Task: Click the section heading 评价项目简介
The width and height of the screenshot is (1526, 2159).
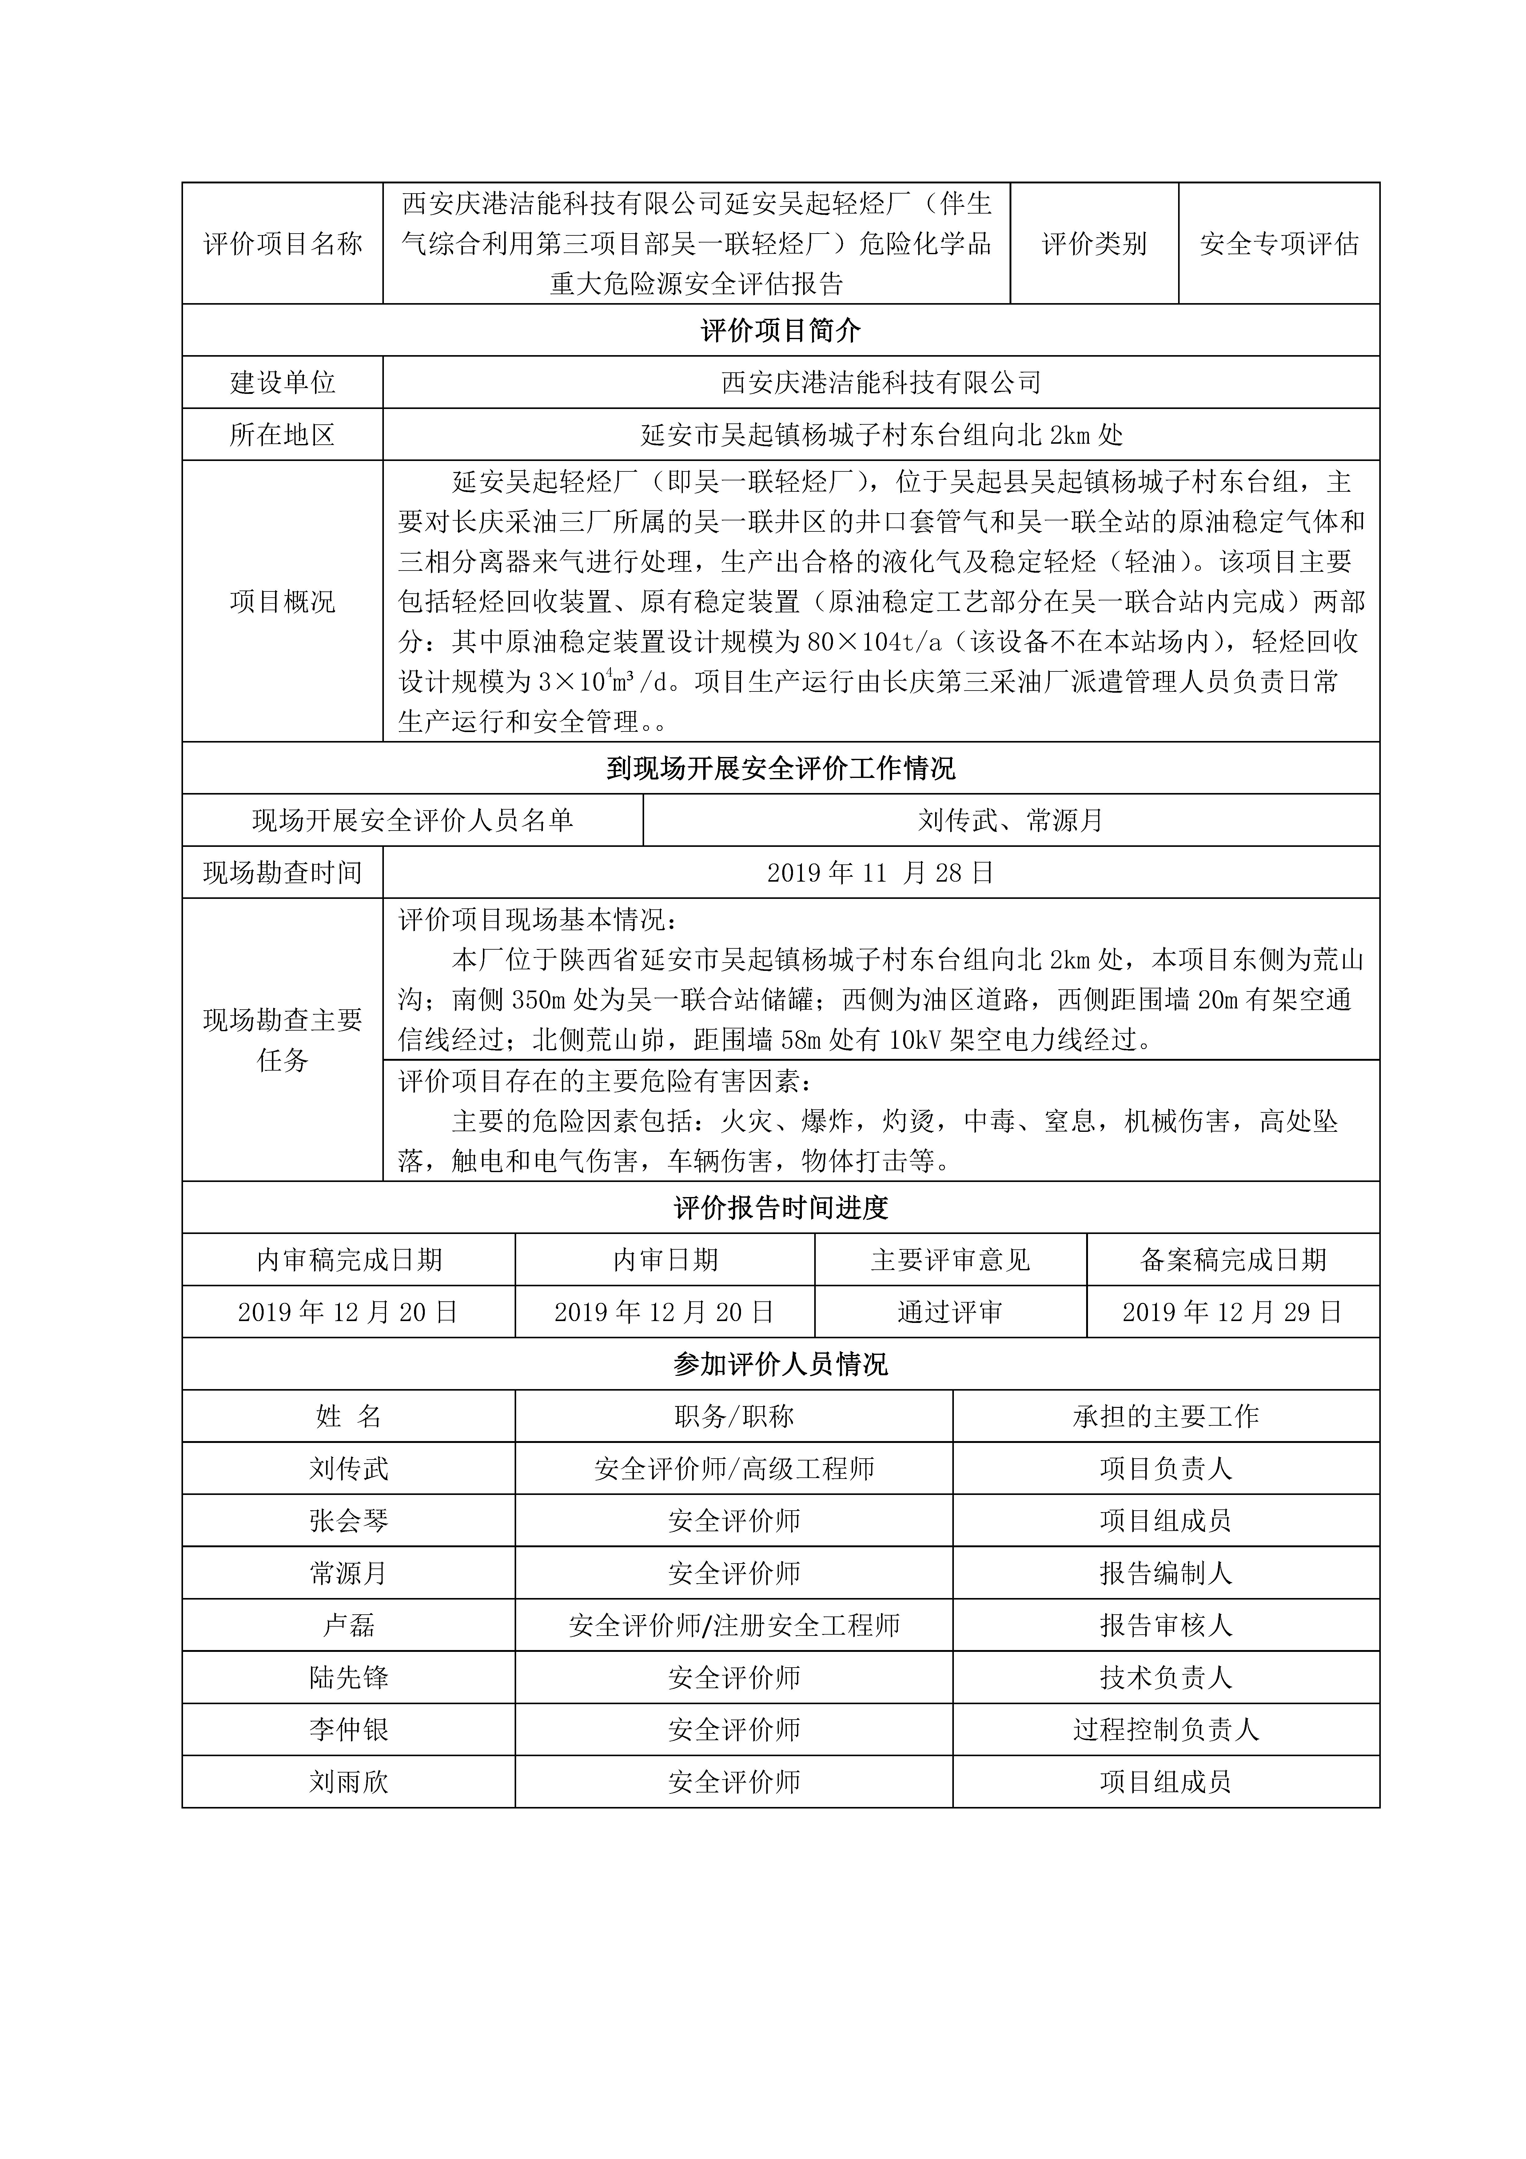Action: [x=780, y=330]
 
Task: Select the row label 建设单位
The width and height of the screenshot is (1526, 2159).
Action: [x=282, y=383]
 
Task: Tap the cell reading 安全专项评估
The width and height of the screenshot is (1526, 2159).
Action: [x=1279, y=243]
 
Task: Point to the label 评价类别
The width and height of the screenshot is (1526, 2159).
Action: [x=1094, y=243]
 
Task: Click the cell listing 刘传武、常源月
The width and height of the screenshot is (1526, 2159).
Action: [x=1011, y=821]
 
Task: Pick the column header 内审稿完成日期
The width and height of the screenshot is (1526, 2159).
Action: [x=349, y=1260]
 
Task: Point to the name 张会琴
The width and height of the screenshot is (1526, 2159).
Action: [x=349, y=1520]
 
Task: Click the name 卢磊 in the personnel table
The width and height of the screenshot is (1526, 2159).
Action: [x=349, y=1625]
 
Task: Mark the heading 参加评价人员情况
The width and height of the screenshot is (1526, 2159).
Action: [x=780, y=1364]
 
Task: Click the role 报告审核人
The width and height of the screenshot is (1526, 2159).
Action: [x=1166, y=1625]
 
